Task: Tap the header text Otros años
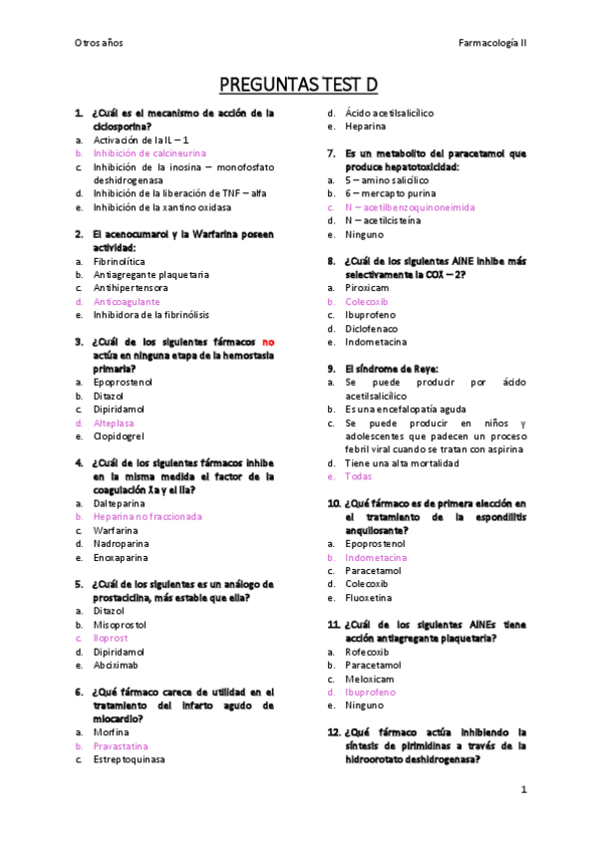pos(99,42)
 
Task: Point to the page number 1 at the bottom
pos(522,789)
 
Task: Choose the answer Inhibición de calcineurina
pos(149,153)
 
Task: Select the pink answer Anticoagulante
pos(126,301)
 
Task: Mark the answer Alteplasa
pos(114,422)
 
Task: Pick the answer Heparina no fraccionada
pos(148,516)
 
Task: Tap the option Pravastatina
pos(121,745)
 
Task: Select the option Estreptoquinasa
pos(129,759)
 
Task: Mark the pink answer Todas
pos(358,476)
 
